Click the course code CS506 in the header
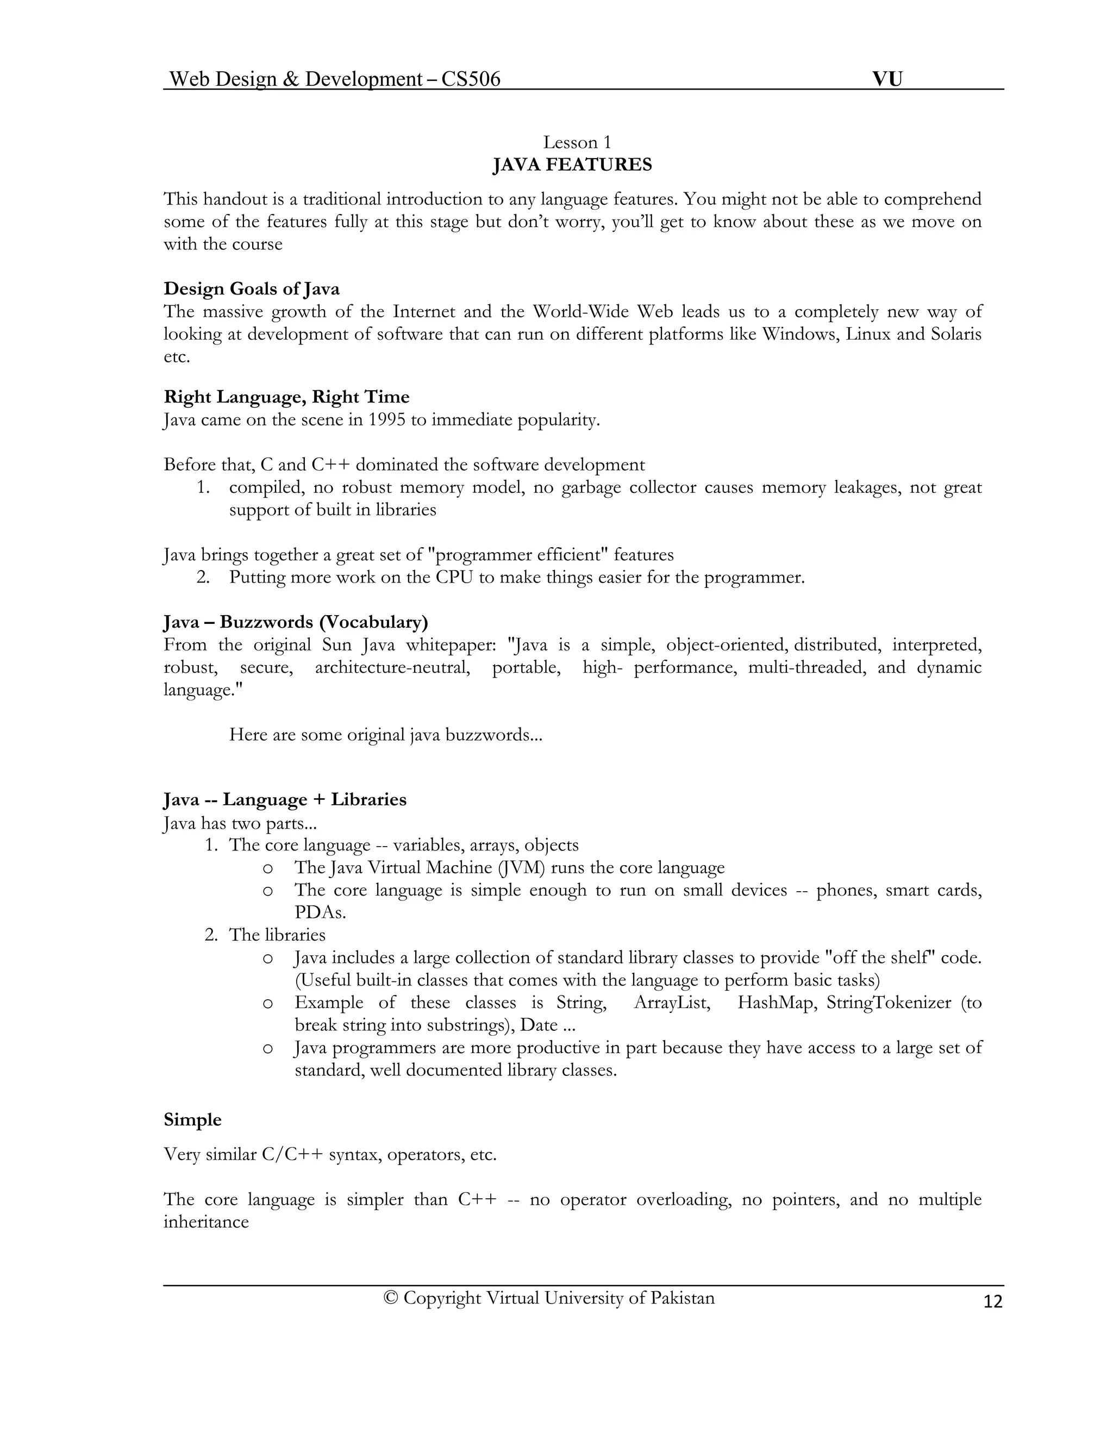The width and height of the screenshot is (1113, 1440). tap(471, 79)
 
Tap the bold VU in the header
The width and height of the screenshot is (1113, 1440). tap(887, 79)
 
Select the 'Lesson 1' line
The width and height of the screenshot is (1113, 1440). tap(577, 142)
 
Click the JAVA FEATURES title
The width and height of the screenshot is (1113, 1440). tap(572, 165)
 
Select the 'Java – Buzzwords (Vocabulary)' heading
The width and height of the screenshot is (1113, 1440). tap(296, 622)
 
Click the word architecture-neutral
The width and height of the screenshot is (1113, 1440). tap(392, 667)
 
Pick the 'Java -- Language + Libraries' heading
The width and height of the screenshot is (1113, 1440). tap(285, 800)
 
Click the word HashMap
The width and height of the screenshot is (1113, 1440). tap(775, 1003)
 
